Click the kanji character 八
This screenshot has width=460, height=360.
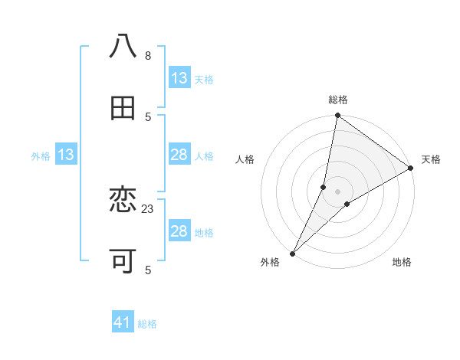point(123,47)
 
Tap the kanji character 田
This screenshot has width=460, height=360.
point(123,108)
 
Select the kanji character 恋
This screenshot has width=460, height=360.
point(123,201)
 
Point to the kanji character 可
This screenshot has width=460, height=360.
point(123,261)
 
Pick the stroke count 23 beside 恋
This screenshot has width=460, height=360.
point(149,208)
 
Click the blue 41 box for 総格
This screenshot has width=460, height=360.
point(123,323)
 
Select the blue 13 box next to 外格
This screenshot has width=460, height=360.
point(66,155)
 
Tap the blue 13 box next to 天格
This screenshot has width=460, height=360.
point(179,78)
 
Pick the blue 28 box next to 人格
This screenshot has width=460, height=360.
point(179,155)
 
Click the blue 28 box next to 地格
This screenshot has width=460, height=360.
point(179,231)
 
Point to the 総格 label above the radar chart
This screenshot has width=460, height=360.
point(338,100)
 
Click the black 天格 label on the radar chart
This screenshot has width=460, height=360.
point(431,159)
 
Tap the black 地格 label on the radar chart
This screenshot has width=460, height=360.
point(402,263)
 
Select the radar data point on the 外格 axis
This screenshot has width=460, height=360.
point(293,253)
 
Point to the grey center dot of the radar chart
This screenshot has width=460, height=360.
point(338,191)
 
